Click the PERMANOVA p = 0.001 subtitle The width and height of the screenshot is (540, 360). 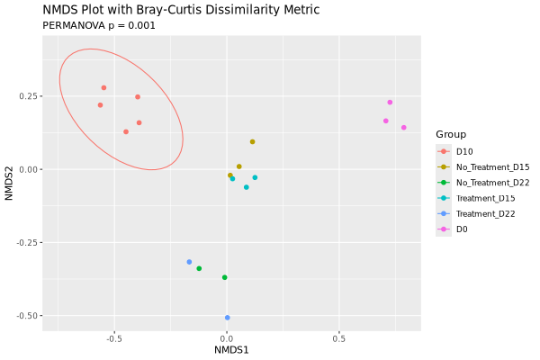[x=99, y=25]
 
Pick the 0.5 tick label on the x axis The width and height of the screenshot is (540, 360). [x=338, y=338]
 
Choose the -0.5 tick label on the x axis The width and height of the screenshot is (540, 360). [x=113, y=338]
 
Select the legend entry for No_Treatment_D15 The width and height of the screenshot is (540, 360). [x=492, y=166]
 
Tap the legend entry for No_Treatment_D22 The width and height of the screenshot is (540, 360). [x=492, y=183]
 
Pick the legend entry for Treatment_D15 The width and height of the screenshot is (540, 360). [x=486, y=198]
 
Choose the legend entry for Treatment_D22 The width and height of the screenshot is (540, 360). [x=486, y=213]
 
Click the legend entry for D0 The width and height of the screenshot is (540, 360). [x=461, y=229]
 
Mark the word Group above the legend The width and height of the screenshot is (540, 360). [x=451, y=134]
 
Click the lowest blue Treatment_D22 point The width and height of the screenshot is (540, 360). [x=227, y=318]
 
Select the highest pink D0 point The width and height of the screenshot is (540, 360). [x=390, y=103]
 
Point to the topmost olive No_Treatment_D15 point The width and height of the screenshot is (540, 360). [x=253, y=141]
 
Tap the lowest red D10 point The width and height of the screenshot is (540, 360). [x=126, y=131]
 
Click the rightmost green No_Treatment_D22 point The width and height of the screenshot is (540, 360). [x=225, y=277]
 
